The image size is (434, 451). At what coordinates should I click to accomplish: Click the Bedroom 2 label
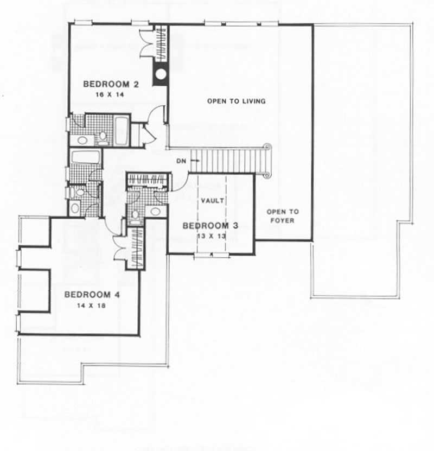point(107,84)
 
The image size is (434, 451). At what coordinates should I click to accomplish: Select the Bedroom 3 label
point(210,225)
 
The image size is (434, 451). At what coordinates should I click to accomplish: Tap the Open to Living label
point(237,101)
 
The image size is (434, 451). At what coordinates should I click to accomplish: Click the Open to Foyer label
point(282,216)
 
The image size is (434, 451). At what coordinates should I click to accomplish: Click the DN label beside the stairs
point(181,161)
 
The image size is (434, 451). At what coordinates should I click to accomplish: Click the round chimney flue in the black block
point(161,75)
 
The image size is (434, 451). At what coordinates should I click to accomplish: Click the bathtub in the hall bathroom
point(86,157)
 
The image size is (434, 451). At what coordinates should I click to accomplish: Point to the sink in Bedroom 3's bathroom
point(155,212)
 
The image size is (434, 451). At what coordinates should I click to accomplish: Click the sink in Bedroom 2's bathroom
point(82,140)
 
